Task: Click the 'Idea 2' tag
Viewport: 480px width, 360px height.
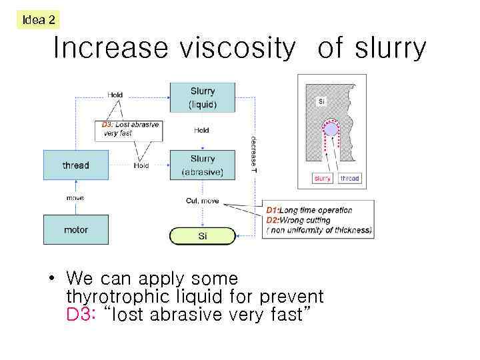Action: click(39, 20)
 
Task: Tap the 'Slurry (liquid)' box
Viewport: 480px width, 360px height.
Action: click(203, 97)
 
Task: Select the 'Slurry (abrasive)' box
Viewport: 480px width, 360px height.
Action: click(203, 165)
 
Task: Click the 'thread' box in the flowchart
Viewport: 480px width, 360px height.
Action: click(76, 165)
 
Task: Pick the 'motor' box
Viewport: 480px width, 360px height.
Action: click(76, 230)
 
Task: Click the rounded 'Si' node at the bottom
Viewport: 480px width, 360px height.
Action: click(203, 236)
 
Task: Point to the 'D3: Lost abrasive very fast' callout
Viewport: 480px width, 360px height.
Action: click(128, 129)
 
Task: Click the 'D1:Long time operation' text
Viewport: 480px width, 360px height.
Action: click(309, 210)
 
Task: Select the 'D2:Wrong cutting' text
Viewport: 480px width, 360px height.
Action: click(298, 220)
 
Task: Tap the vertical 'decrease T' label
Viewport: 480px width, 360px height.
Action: click(253, 155)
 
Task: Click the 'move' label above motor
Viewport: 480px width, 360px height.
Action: click(75, 198)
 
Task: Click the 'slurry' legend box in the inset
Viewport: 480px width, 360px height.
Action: click(323, 179)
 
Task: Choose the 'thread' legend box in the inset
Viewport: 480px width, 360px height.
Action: click(349, 179)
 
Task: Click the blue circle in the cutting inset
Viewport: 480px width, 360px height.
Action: click(331, 129)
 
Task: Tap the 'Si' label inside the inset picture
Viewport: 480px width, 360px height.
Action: click(321, 101)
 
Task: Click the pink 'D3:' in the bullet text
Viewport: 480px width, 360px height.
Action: click(81, 314)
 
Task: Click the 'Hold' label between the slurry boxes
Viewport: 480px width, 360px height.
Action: click(201, 131)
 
